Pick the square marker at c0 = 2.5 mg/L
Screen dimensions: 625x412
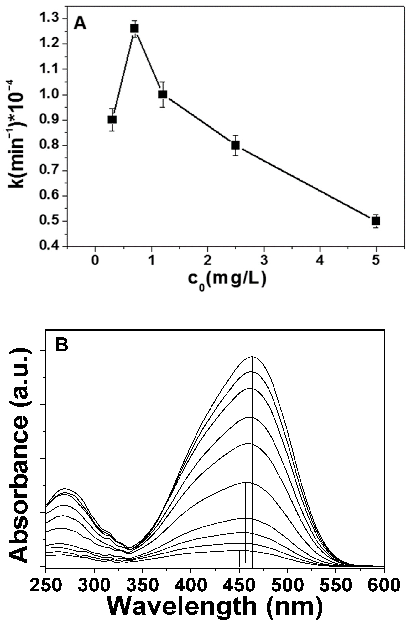[x=235, y=145]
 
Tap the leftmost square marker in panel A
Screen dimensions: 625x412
[x=112, y=120]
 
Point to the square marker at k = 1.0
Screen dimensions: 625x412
[x=163, y=94]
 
